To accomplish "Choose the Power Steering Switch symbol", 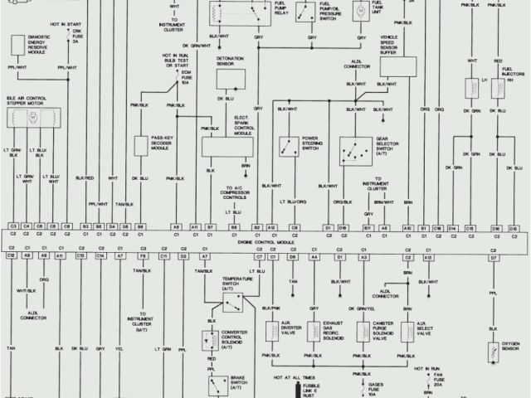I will coord(289,148).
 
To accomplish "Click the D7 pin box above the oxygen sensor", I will coord(493,258).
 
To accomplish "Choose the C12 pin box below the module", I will coord(12,257).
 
